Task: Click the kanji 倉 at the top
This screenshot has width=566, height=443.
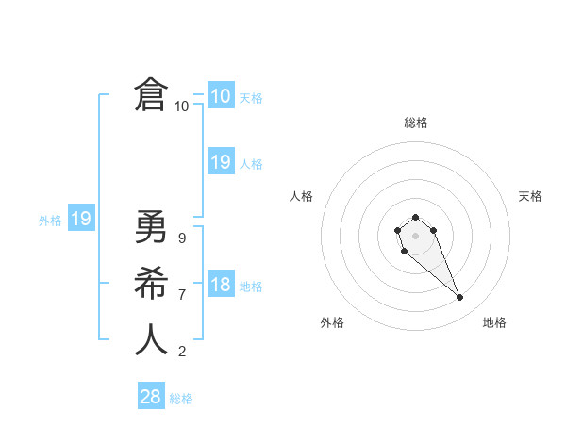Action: (151, 95)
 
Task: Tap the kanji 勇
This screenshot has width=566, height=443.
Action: (151, 227)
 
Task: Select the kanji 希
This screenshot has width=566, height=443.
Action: (151, 283)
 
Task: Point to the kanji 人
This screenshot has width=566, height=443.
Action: (151, 339)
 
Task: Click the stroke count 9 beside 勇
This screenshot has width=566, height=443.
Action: (181, 238)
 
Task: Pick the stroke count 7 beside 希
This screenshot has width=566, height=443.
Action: (181, 295)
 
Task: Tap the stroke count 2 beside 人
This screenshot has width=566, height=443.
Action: (181, 352)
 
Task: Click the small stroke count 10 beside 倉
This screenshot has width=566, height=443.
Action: (181, 107)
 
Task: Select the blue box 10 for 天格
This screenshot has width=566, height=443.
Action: (220, 95)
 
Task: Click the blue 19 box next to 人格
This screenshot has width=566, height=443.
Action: (220, 161)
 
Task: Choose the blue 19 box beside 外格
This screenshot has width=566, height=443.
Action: (81, 219)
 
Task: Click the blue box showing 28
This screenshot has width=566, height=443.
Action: (151, 397)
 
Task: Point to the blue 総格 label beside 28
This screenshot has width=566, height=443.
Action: (181, 399)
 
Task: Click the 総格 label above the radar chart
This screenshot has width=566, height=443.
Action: (416, 123)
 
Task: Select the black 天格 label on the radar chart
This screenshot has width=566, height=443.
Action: (530, 196)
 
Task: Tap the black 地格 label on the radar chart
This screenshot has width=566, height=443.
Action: (494, 322)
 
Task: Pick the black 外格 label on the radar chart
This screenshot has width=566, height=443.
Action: (332, 322)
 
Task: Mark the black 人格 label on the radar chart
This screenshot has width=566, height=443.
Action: (302, 196)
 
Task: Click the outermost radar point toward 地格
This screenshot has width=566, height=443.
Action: (460, 298)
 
